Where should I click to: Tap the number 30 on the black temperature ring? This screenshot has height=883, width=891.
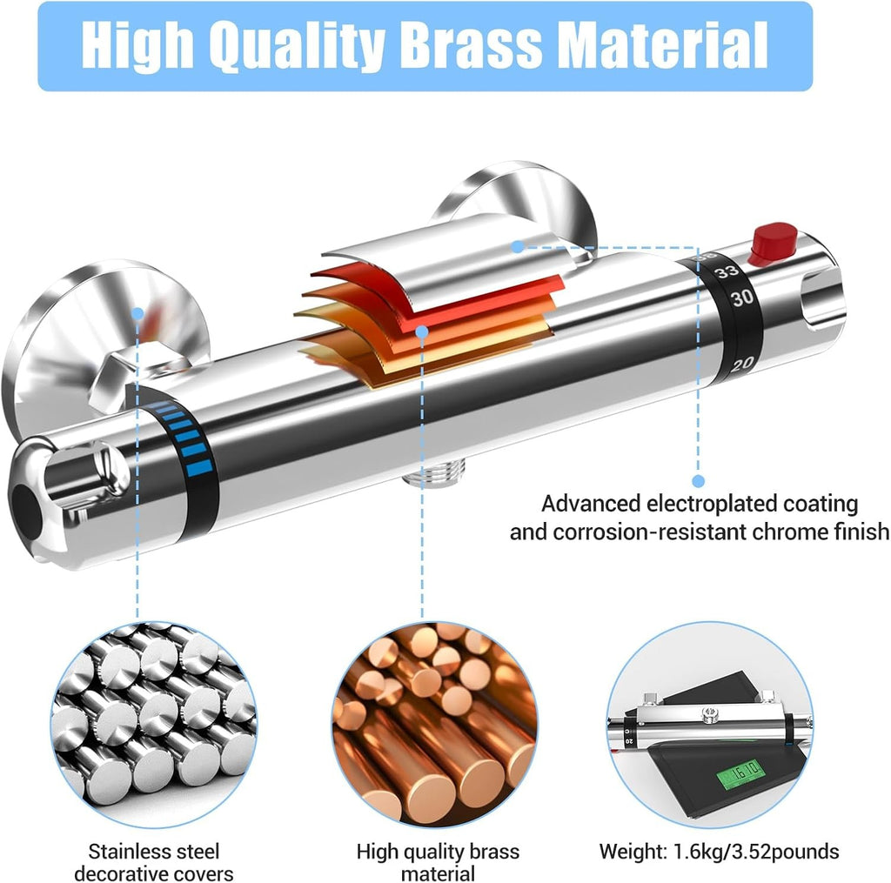point(742,298)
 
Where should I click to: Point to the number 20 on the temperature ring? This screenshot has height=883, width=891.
point(741,365)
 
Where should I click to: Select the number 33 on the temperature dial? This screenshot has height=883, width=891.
point(727,272)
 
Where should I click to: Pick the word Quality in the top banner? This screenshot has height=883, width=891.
point(296,45)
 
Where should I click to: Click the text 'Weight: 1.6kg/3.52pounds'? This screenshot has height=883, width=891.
point(719,851)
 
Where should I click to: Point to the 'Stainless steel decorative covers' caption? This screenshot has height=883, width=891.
point(153,862)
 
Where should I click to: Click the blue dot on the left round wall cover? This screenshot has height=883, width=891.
point(137,313)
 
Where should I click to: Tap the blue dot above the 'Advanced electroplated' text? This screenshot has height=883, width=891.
point(699,481)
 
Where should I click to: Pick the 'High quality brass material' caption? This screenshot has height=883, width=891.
point(438,862)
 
